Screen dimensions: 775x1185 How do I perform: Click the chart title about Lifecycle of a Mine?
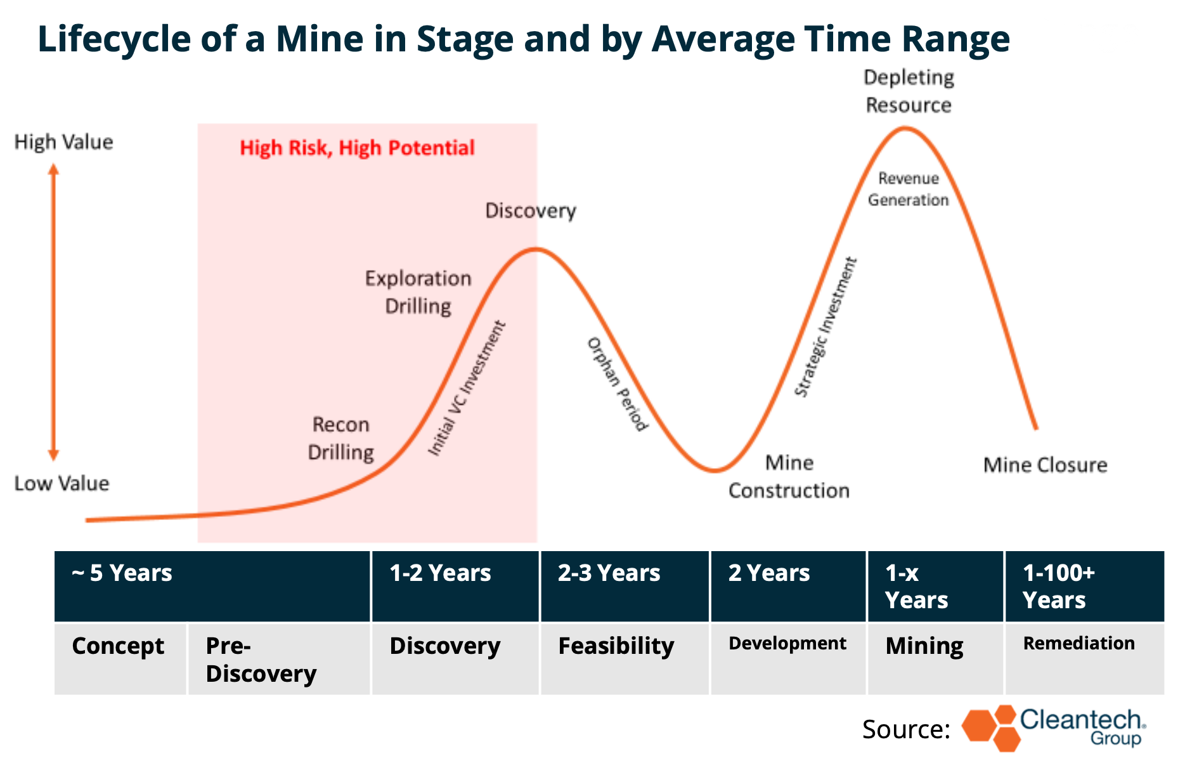tap(523, 39)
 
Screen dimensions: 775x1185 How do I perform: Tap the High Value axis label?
tap(63, 142)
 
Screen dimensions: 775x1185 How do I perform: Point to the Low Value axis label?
tap(62, 484)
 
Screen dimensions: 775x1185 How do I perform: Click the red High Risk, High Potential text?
tap(357, 148)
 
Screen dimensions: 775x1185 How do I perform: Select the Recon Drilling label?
tap(340, 439)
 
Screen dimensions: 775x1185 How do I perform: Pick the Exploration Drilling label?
tap(418, 292)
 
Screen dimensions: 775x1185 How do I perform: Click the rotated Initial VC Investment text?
tap(467, 388)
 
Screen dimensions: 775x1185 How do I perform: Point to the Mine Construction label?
tap(789, 477)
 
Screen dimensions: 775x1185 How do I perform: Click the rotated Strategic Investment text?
tap(826, 327)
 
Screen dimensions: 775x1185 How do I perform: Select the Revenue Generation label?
tap(908, 190)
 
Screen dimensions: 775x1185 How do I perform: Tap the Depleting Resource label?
tap(909, 91)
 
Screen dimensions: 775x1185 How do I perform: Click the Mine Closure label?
tap(1045, 466)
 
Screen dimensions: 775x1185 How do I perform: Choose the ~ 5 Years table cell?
tap(212, 586)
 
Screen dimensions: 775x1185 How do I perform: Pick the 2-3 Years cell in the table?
tap(625, 586)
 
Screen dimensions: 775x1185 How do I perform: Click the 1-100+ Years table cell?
tap(1084, 586)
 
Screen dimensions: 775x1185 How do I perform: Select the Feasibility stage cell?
tap(625, 658)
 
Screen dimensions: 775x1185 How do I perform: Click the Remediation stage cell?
tap(1084, 658)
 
